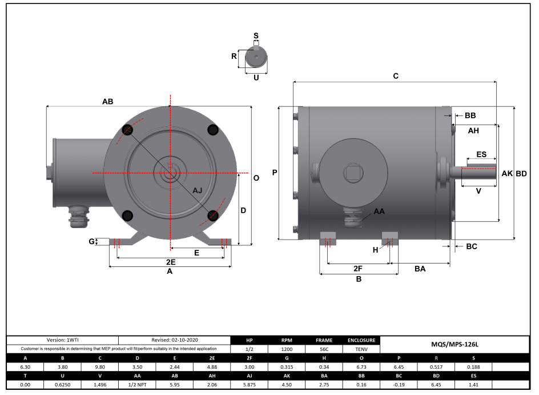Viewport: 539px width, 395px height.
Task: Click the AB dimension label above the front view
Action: coord(107,101)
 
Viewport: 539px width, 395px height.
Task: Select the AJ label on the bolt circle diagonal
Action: coord(197,190)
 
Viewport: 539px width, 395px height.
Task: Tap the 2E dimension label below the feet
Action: coord(170,261)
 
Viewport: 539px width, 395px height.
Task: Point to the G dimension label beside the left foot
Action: coord(91,242)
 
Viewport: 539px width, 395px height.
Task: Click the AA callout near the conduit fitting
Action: coord(379,212)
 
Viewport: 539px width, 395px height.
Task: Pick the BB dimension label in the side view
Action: coord(470,115)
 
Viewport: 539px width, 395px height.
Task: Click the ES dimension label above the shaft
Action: coord(481,154)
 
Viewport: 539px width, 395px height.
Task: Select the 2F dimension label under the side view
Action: coord(358,268)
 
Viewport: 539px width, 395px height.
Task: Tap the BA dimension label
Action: coord(420,268)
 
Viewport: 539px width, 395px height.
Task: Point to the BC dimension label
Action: coord(472,246)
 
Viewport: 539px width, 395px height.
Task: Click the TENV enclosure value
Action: coord(360,349)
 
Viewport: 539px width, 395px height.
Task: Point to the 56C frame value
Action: coord(323,349)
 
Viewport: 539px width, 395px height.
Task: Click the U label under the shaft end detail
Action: coord(256,77)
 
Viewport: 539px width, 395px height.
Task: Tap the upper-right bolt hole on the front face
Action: coord(214,130)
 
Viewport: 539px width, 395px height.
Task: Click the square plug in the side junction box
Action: coord(350,172)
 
